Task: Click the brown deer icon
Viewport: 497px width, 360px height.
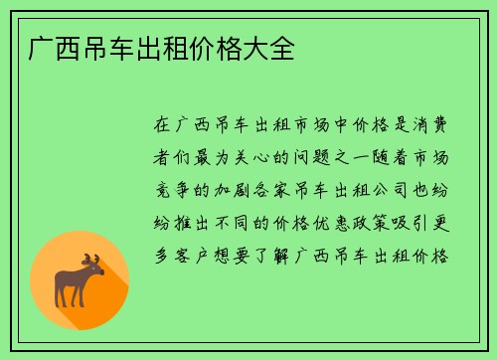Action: (x=80, y=280)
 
